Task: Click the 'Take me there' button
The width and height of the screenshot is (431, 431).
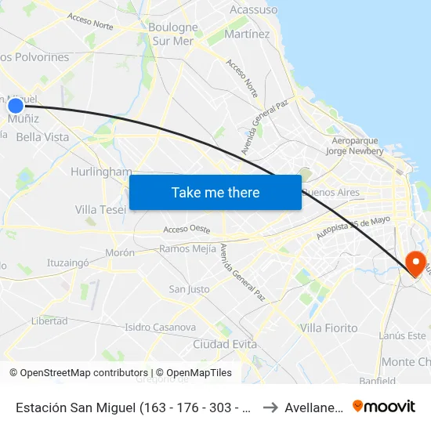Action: [x=215, y=193]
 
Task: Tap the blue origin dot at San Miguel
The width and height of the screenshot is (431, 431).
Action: [x=16, y=106]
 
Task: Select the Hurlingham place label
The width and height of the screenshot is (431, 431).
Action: [x=101, y=172]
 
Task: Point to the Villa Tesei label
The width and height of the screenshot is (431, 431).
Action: [x=100, y=209]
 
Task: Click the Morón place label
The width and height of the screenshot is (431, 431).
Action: [x=120, y=253]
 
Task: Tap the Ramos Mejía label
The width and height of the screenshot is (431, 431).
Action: [x=187, y=249]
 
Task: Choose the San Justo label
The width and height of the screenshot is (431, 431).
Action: [x=190, y=289]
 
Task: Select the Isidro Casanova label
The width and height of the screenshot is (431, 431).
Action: [x=160, y=327]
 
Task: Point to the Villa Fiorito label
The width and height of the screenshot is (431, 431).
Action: [x=329, y=328]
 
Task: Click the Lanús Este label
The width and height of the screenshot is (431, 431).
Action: [x=402, y=335]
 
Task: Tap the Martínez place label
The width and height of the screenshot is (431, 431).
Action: [x=247, y=34]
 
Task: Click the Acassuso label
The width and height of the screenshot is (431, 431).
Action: [x=253, y=10]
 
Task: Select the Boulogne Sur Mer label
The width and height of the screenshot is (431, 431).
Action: [x=172, y=34]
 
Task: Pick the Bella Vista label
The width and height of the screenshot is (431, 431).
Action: [x=42, y=137]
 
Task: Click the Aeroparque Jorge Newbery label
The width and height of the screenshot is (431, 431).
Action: [x=352, y=146]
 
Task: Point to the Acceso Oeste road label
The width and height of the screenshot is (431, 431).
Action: [x=187, y=230]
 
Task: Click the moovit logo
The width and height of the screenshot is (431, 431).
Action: [x=384, y=406]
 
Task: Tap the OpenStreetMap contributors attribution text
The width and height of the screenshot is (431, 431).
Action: [x=78, y=373]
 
